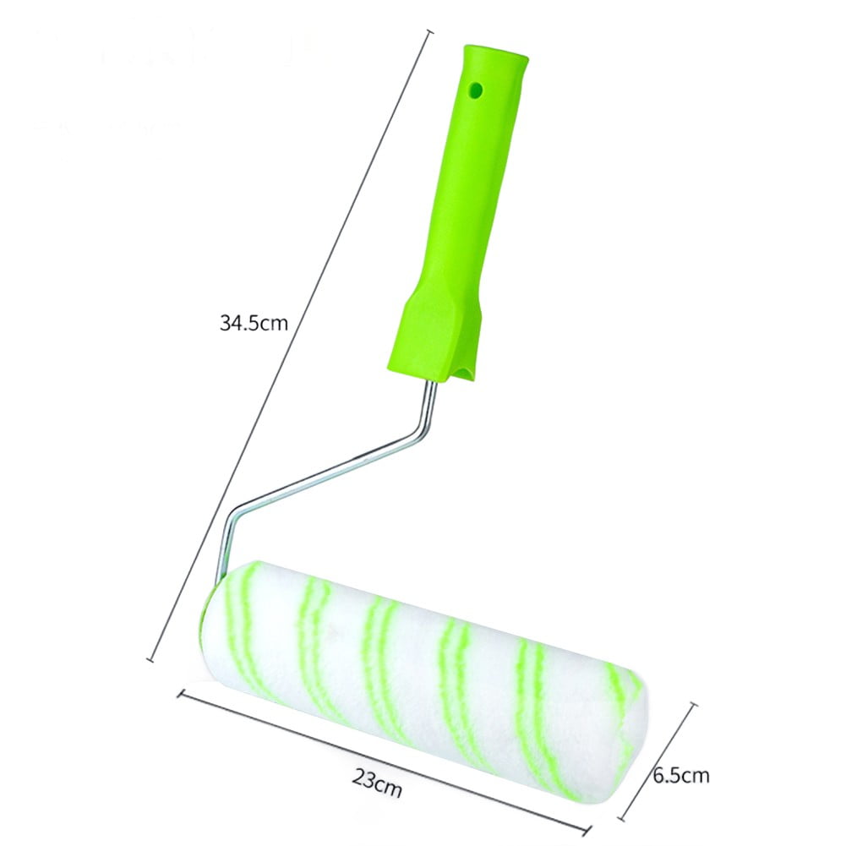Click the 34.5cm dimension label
point(254,322)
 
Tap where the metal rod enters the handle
point(434,383)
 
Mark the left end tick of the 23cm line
point(180,693)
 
